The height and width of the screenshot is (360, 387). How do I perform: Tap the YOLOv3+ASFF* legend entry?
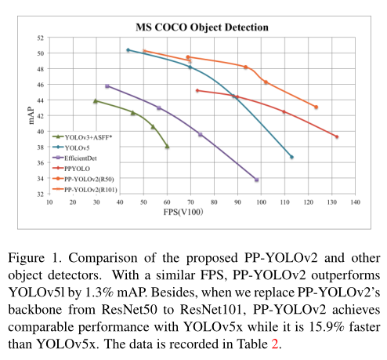(x=89, y=136)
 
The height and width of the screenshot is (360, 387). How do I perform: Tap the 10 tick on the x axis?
(x=49, y=202)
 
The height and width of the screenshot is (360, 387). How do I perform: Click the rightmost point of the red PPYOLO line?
(x=336, y=137)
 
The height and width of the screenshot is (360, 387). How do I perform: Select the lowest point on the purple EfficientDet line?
(x=256, y=180)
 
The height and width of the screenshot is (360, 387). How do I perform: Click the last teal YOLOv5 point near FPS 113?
(x=291, y=157)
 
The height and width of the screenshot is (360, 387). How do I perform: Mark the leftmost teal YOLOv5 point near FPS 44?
(x=128, y=50)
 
